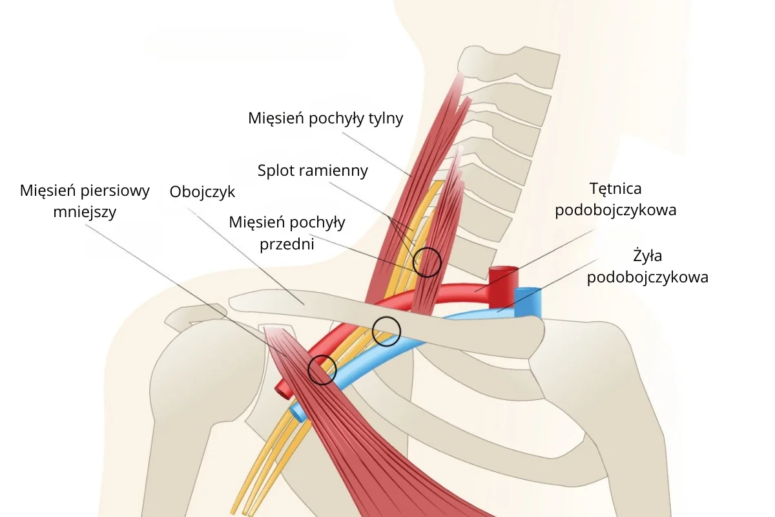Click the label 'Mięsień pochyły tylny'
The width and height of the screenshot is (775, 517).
[x=325, y=118]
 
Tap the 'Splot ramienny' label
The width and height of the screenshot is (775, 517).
[x=313, y=171]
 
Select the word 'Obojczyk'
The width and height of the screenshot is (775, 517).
[x=202, y=192]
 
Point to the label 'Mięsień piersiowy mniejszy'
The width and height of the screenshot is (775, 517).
[x=85, y=201]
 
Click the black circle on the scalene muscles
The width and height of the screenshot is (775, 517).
[x=427, y=262]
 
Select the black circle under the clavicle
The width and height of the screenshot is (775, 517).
[x=387, y=332]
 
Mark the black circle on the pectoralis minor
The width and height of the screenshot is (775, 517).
[x=322, y=370]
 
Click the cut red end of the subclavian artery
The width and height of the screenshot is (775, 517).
[x=503, y=269]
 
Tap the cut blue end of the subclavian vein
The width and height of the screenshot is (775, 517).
[x=528, y=292]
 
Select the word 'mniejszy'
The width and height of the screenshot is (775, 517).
[x=85, y=211]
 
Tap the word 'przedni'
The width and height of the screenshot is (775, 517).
[x=287, y=244]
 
